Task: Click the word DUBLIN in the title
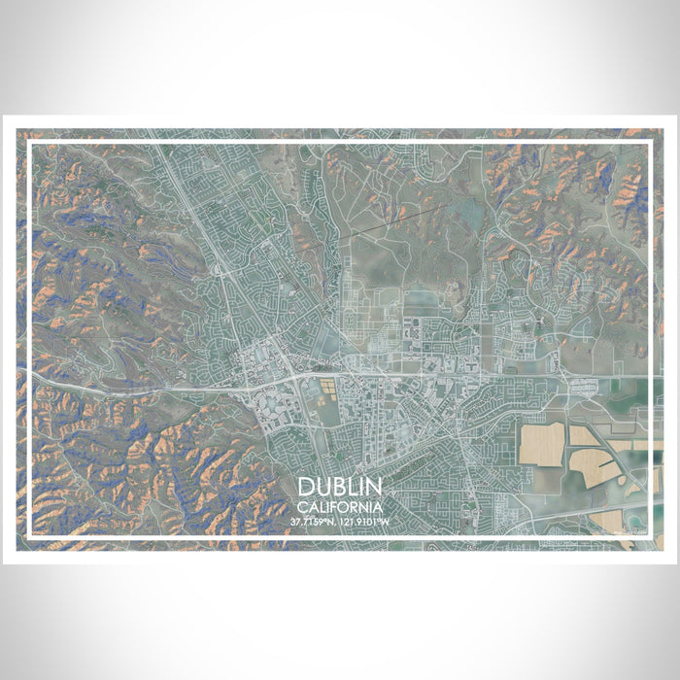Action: pos(340,487)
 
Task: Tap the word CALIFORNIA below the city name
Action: pos(340,506)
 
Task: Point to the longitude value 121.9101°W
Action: pos(365,522)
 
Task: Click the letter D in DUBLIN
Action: pos(307,487)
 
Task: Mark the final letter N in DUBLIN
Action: pos(374,487)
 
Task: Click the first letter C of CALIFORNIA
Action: pos(303,506)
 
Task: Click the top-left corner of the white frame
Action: pos(30,143)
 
